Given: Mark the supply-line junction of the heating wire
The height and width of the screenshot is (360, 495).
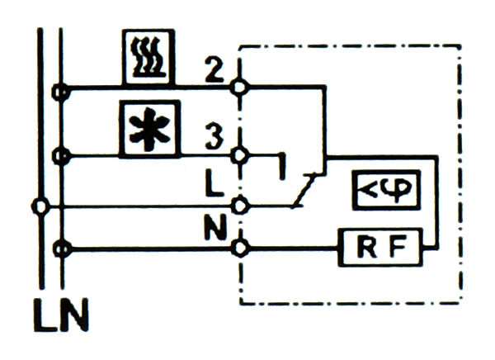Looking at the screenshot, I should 59,87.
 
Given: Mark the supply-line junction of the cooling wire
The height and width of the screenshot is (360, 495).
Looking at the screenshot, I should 59,154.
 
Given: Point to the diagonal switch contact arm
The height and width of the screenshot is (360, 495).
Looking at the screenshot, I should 302,189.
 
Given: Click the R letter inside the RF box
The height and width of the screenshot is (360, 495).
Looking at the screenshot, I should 368,245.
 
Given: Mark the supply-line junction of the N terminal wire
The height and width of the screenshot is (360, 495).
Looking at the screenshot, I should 59,246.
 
